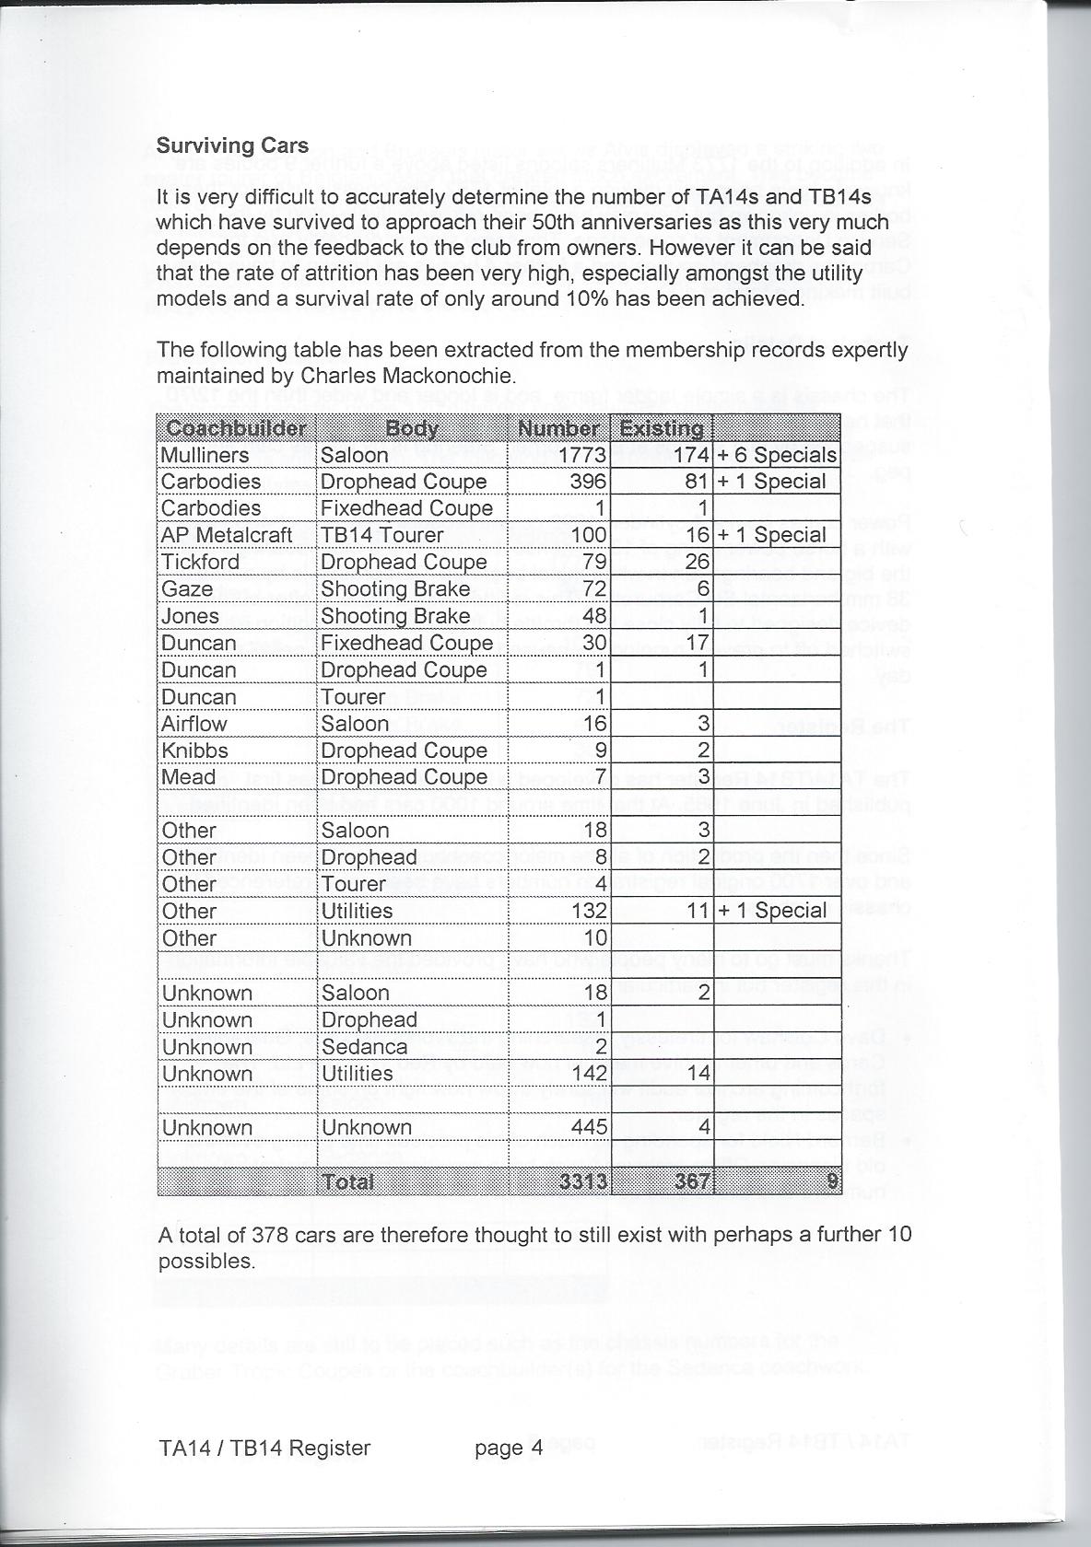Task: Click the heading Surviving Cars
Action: (x=231, y=145)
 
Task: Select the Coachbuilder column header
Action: (x=237, y=428)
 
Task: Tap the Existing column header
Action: (x=662, y=428)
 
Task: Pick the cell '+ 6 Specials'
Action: (x=777, y=455)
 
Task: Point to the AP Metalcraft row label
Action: (x=227, y=535)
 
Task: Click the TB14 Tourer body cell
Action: (x=381, y=535)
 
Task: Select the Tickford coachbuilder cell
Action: (x=200, y=562)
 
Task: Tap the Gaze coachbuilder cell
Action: (x=187, y=588)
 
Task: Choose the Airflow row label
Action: (x=194, y=724)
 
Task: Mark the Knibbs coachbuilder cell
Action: (x=194, y=750)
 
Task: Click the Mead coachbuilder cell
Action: (x=188, y=777)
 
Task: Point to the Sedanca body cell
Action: (x=364, y=1047)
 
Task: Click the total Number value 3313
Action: (x=583, y=1181)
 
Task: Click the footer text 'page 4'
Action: (x=509, y=1448)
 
